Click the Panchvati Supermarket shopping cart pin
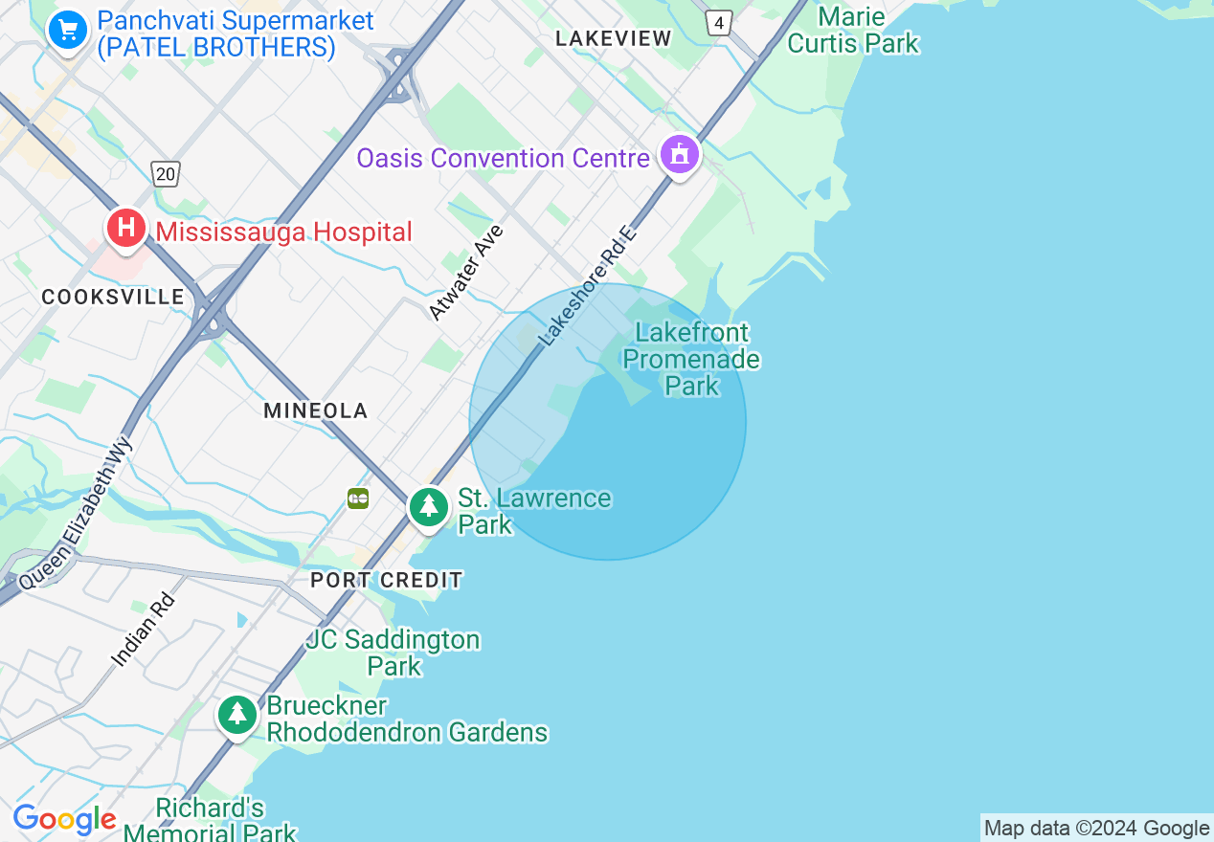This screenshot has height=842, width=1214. (67, 31)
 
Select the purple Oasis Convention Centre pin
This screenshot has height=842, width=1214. (679, 154)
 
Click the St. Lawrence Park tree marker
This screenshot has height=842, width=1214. (428, 507)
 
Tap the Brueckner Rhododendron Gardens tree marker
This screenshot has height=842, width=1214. (236, 715)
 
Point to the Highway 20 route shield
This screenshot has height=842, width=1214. (166, 173)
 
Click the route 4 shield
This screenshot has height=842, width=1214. (719, 23)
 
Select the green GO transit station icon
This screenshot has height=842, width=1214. (358, 499)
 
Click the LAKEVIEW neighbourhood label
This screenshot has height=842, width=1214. (614, 38)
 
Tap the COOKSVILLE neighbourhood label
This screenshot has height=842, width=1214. (113, 297)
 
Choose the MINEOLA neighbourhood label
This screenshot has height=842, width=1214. (316, 410)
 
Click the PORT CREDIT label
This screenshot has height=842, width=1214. (387, 580)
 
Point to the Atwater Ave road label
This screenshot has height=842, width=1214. (466, 273)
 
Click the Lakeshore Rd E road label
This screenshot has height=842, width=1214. (587, 286)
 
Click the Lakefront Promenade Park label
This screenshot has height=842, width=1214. (692, 359)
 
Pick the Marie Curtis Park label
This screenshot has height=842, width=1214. (852, 30)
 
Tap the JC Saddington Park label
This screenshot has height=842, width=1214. (393, 652)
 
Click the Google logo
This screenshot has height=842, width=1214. (64, 820)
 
